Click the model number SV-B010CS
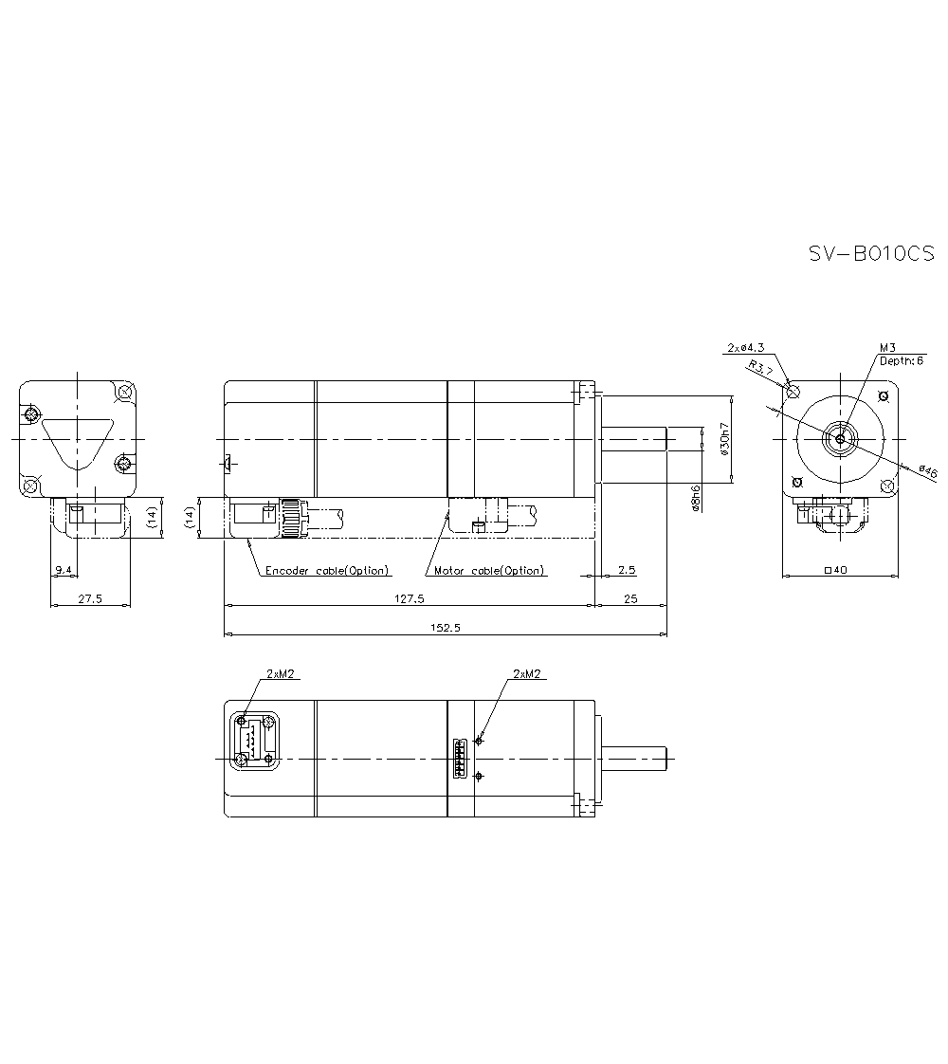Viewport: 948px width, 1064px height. pyautogui.click(x=870, y=253)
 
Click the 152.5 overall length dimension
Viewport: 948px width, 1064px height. pyautogui.click(x=445, y=628)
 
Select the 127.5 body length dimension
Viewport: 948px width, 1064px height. pyautogui.click(x=409, y=598)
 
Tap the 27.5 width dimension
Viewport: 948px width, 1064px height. pyautogui.click(x=90, y=598)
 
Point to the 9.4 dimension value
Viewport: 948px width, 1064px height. pyautogui.click(x=64, y=570)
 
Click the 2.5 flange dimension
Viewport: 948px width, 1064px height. pyautogui.click(x=626, y=571)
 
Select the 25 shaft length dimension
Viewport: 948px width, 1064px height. pyautogui.click(x=630, y=598)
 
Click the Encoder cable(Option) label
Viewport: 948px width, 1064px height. pyautogui.click(x=327, y=571)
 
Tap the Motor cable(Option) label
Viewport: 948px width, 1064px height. pyautogui.click(x=489, y=571)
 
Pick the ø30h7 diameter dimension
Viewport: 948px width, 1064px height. pyautogui.click(x=725, y=440)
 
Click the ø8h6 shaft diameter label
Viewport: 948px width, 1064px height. pyautogui.click(x=697, y=498)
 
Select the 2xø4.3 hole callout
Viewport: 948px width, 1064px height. pyautogui.click(x=745, y=347)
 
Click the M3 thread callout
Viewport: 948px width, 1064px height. pyautogui.click(x=887, y=347)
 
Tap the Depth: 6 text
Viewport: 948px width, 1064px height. pyautogui.click(x=901, y=360)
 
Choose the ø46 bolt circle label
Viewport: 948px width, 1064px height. pyautogui.click(x=927, y=471)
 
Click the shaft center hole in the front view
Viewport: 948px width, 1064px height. pyautogui.click(x=840, y=438)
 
